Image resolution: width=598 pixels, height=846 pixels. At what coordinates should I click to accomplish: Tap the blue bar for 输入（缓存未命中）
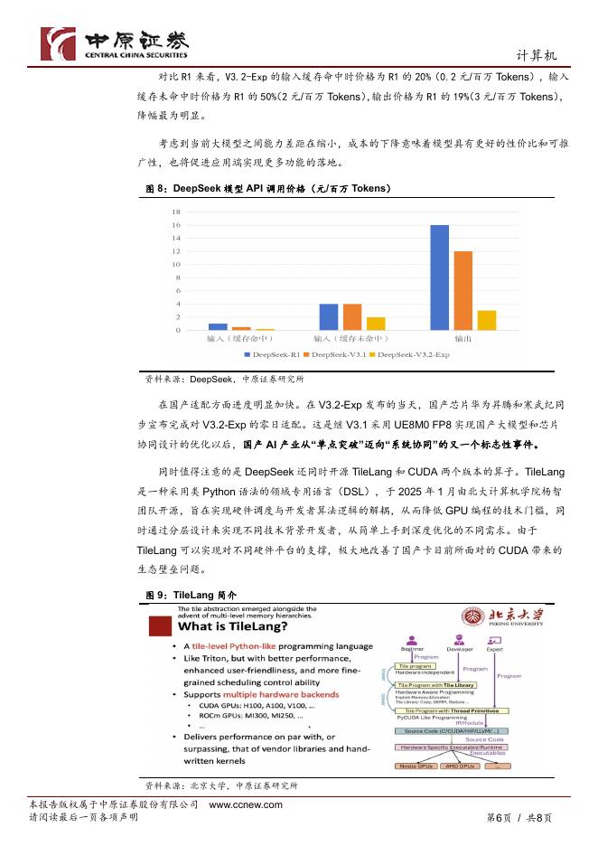coord(329,316)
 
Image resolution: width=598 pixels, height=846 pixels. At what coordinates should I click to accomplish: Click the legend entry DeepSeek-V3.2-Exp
coord(412,355)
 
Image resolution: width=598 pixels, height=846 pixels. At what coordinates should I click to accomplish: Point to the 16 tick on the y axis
coord(176,225)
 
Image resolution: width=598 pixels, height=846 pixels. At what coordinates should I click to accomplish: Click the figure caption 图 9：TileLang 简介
coord(191,596)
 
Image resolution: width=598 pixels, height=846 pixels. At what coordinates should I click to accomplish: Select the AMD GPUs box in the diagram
coord(462,766)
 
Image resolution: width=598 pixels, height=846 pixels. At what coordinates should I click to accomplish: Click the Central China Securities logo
coord(113,42)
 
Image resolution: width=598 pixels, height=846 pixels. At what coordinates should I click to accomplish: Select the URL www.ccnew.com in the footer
coord(246,804)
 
